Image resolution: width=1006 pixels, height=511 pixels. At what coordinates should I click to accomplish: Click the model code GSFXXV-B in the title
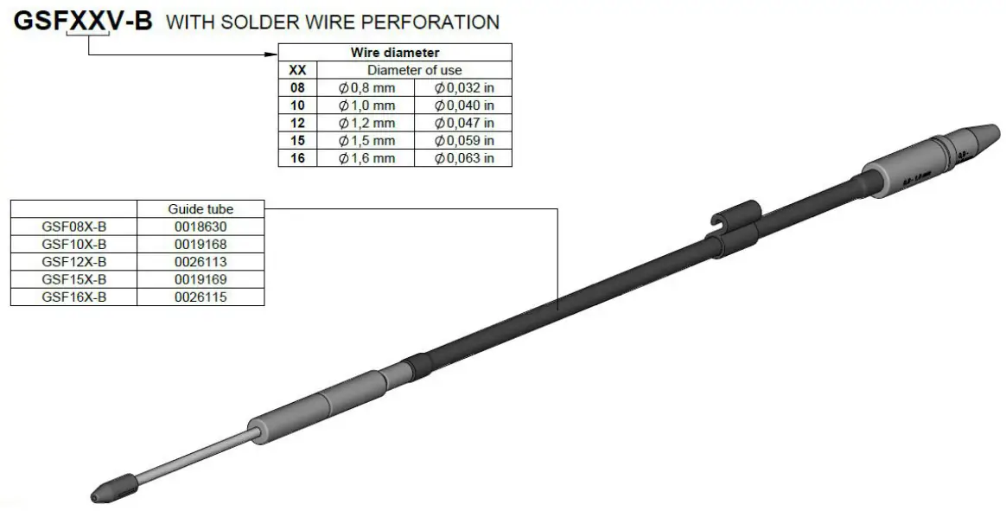click(x=83, y=22)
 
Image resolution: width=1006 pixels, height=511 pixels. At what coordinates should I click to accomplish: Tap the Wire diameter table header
click(x=395, y=53)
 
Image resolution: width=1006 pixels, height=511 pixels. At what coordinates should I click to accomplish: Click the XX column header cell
click(x=298, y=70)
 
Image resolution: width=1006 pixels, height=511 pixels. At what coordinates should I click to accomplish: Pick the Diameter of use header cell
click(x=415, y=70)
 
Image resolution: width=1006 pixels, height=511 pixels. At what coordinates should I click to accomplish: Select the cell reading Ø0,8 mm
click(x=366, y=87)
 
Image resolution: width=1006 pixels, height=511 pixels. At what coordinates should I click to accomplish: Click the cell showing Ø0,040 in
click(x=464, y=105)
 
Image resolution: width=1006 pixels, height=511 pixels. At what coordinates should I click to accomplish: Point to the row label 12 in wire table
click(x=298, y=123)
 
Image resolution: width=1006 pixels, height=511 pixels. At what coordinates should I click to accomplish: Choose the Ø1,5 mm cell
click(x=366, y=140)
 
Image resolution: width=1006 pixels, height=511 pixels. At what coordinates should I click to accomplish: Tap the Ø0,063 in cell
click(x=464, y=158)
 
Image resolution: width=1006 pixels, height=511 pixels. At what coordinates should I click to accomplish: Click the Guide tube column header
click(x=201, y=209)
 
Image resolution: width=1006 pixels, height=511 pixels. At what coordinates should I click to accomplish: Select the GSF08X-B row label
click(x=73, y=227)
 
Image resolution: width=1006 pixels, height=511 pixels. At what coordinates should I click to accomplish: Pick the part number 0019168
click(x=201, y=245)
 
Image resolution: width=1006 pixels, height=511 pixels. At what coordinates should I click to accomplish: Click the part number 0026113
click(x=201, y=262)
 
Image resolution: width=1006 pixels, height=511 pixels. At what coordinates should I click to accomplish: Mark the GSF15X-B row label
click(x=73, y=279)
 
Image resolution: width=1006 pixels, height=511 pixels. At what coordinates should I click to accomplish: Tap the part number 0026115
click(x=201, y=297)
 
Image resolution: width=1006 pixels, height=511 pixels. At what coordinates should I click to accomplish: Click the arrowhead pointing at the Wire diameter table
click(x=271, y=54)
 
